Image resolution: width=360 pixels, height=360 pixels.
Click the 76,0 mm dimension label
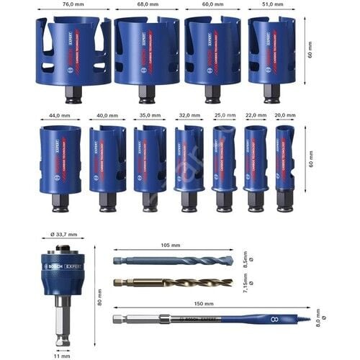pyautogui.click(x=73, y=5)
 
